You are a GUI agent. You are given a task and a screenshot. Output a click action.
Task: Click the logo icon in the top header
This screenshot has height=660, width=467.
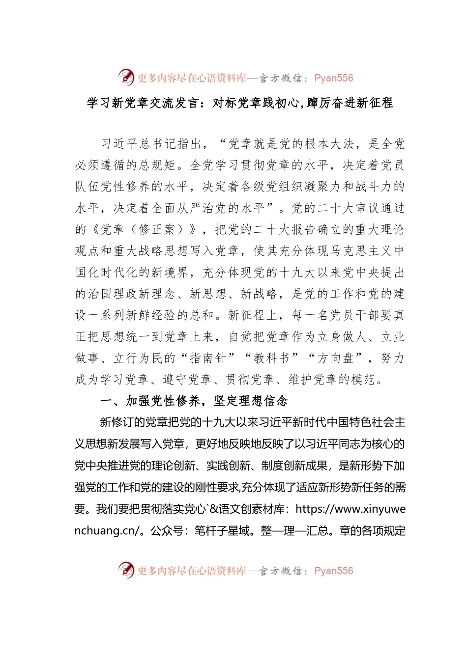[126, 78]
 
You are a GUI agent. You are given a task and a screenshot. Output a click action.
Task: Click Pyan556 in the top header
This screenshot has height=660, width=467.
[333, 78]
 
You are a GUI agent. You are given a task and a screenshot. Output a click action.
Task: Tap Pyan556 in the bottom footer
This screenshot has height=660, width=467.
[333, 571]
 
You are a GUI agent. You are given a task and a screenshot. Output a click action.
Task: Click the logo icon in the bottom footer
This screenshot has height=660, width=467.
[126, 570]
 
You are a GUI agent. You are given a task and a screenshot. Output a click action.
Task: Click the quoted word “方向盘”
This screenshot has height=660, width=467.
[335, 358]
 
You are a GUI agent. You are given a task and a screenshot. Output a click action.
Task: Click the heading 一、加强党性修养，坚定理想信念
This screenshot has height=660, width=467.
[194, 401]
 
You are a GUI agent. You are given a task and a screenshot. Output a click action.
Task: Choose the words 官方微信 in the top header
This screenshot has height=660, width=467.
[280, 78]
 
